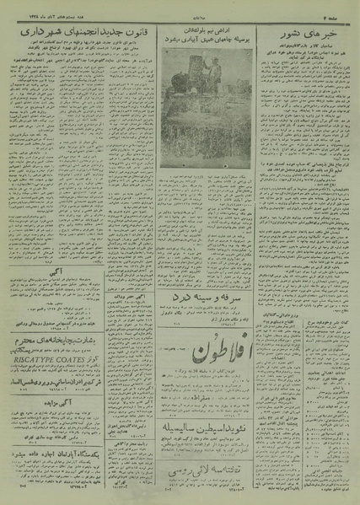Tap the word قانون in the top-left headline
[x=154, y=33]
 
